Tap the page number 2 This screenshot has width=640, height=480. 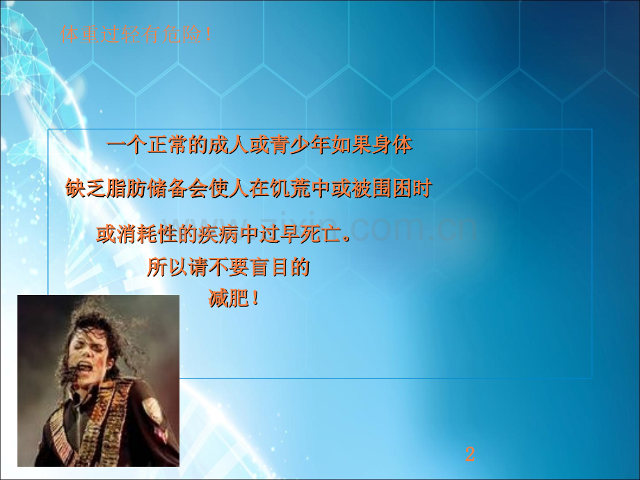pyautogui.click(x=470, y=456)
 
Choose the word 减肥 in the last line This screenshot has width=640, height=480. pyautogui.click(x=228, y=299)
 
